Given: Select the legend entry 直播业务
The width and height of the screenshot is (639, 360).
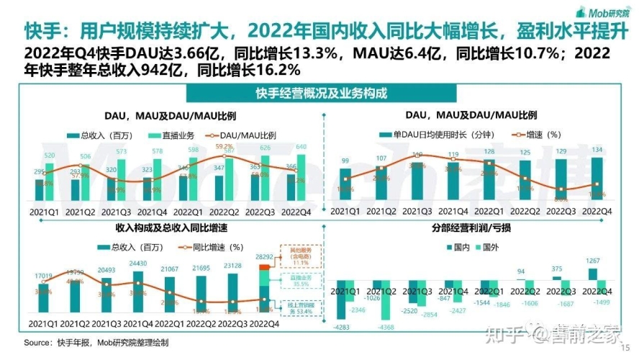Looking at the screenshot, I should (170, 135).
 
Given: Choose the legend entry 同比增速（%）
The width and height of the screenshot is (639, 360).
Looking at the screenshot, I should (537, 134).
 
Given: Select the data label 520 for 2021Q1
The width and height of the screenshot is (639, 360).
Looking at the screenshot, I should (48, 156).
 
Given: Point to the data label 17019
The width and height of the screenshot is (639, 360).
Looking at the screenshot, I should (42, 275).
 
